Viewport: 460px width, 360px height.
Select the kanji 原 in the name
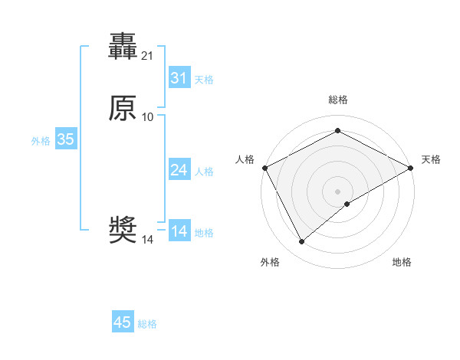point(123,109)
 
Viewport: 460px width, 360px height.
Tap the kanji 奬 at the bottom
point(123,231)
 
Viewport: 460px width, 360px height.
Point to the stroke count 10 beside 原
point(148,117)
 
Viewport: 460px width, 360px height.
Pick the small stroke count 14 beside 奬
point(148,240)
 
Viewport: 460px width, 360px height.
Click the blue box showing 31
point(179,78)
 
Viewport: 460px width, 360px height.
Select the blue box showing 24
point(179,170)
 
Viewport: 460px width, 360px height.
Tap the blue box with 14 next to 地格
point(179,231)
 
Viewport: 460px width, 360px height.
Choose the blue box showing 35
point(65,139)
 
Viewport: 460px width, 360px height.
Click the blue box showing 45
point(123,322)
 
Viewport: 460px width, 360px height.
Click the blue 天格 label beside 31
point(204,80)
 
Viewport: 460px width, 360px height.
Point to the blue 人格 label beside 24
point(204,172)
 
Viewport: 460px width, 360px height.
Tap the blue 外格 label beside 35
point(41,141)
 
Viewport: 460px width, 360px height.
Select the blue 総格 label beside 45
point(147,324)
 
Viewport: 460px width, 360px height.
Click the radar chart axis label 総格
point(337,100)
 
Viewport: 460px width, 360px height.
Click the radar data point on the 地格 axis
point(348,204)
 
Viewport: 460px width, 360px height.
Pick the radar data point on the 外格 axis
point(302,242)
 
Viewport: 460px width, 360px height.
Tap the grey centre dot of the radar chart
point(337,191)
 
